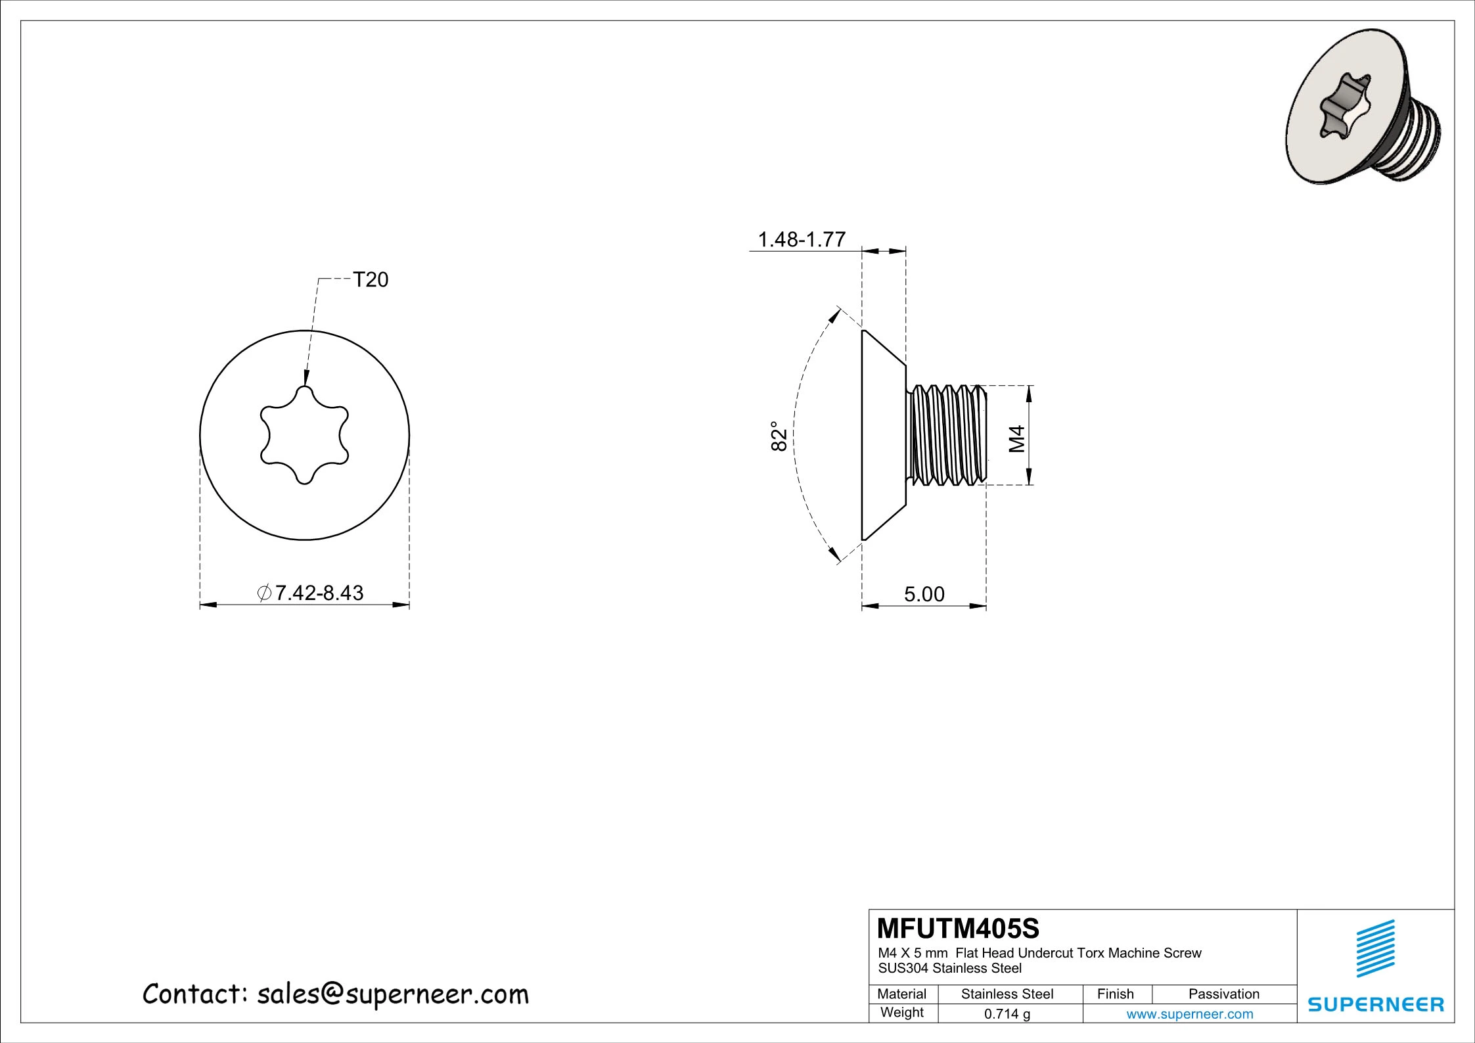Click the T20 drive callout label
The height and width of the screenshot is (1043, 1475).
pos(371,280)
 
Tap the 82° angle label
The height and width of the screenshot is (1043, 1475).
pos(778,436)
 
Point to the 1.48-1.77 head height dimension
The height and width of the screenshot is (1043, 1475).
pos(801,239)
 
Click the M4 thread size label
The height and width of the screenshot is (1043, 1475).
pos(1016,438)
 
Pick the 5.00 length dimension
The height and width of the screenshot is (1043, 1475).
pos(924,594)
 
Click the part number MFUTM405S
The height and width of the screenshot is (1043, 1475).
pos(959,929)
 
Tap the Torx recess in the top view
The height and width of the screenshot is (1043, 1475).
pos(304,435)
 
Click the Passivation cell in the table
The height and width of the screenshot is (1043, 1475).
pos(1223,994)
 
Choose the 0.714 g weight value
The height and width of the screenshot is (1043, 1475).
pos(1007,1014)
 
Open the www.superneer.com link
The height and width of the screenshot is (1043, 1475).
pos(1189,1014)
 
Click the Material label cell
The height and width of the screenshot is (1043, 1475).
pos(901,994)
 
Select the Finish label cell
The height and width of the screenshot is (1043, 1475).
pos(1115,994)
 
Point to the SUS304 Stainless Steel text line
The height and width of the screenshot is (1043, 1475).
pos(949,968)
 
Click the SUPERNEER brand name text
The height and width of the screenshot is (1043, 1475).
pos(1376,1004)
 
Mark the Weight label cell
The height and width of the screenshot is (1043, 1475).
pos(901,1013)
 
